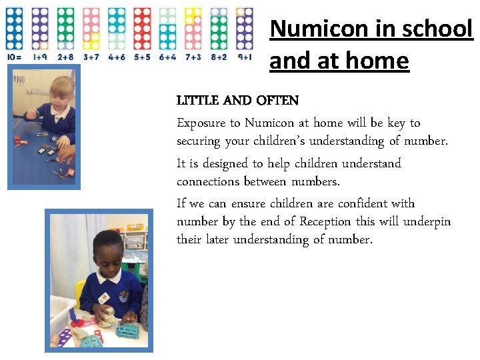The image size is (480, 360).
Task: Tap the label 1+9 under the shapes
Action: click(x=40, y=57)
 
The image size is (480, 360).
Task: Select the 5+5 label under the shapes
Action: click(x=142, y=57)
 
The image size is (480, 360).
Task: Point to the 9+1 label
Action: click(x=245, y=57)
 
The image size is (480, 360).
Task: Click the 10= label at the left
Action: click(x=15, y=57)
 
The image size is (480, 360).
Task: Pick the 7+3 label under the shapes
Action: click(x=193, y=57)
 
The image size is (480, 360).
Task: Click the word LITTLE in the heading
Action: click(x=198, y=101)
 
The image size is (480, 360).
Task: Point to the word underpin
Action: click(x=427, y=221)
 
